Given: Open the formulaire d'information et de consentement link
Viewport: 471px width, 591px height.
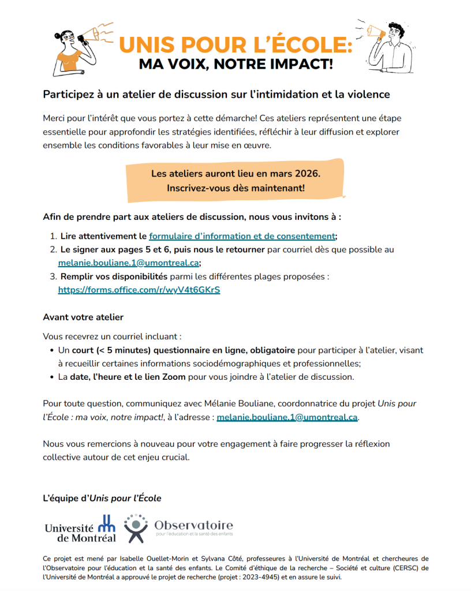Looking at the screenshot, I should click(x=242, y=236).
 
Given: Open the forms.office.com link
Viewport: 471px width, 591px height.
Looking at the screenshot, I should click(x=139, y=290).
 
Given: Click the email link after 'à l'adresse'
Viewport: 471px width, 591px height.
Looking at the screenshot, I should click(x=287, y=417).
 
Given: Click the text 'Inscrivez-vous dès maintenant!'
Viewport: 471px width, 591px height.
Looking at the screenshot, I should click(x=235, y=188).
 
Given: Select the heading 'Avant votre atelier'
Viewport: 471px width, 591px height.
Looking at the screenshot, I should click(x=83, y=317).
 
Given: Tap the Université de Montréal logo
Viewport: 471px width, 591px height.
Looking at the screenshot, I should click(x=80, y=529).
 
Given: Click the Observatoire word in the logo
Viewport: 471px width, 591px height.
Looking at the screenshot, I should click(x=193, y=525).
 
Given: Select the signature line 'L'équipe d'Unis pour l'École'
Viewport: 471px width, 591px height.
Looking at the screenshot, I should click(x=102, y=498).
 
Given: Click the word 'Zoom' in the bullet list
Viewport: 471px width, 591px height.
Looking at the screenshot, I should click(x=174, y=377).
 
